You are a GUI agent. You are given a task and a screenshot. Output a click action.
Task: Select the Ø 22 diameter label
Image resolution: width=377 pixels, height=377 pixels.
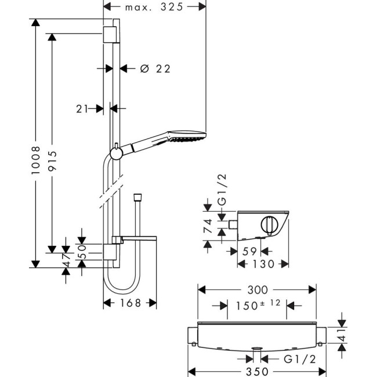(x=155, y=68)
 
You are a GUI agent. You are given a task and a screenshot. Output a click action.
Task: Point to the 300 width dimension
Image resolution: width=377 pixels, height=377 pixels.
(x=257, y=289)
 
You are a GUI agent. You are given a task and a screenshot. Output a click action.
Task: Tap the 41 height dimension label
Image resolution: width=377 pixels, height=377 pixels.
(x=342, y=335)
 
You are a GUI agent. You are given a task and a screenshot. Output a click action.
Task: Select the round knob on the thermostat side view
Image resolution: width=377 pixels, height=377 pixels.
(x=270, y=224)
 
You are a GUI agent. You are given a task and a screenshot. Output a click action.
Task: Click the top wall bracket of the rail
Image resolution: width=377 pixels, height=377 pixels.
(x=111, y=34)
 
